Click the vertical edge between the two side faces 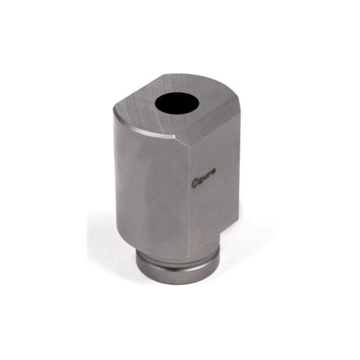tap(189, 193)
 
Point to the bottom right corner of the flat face tap(237, 217)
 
